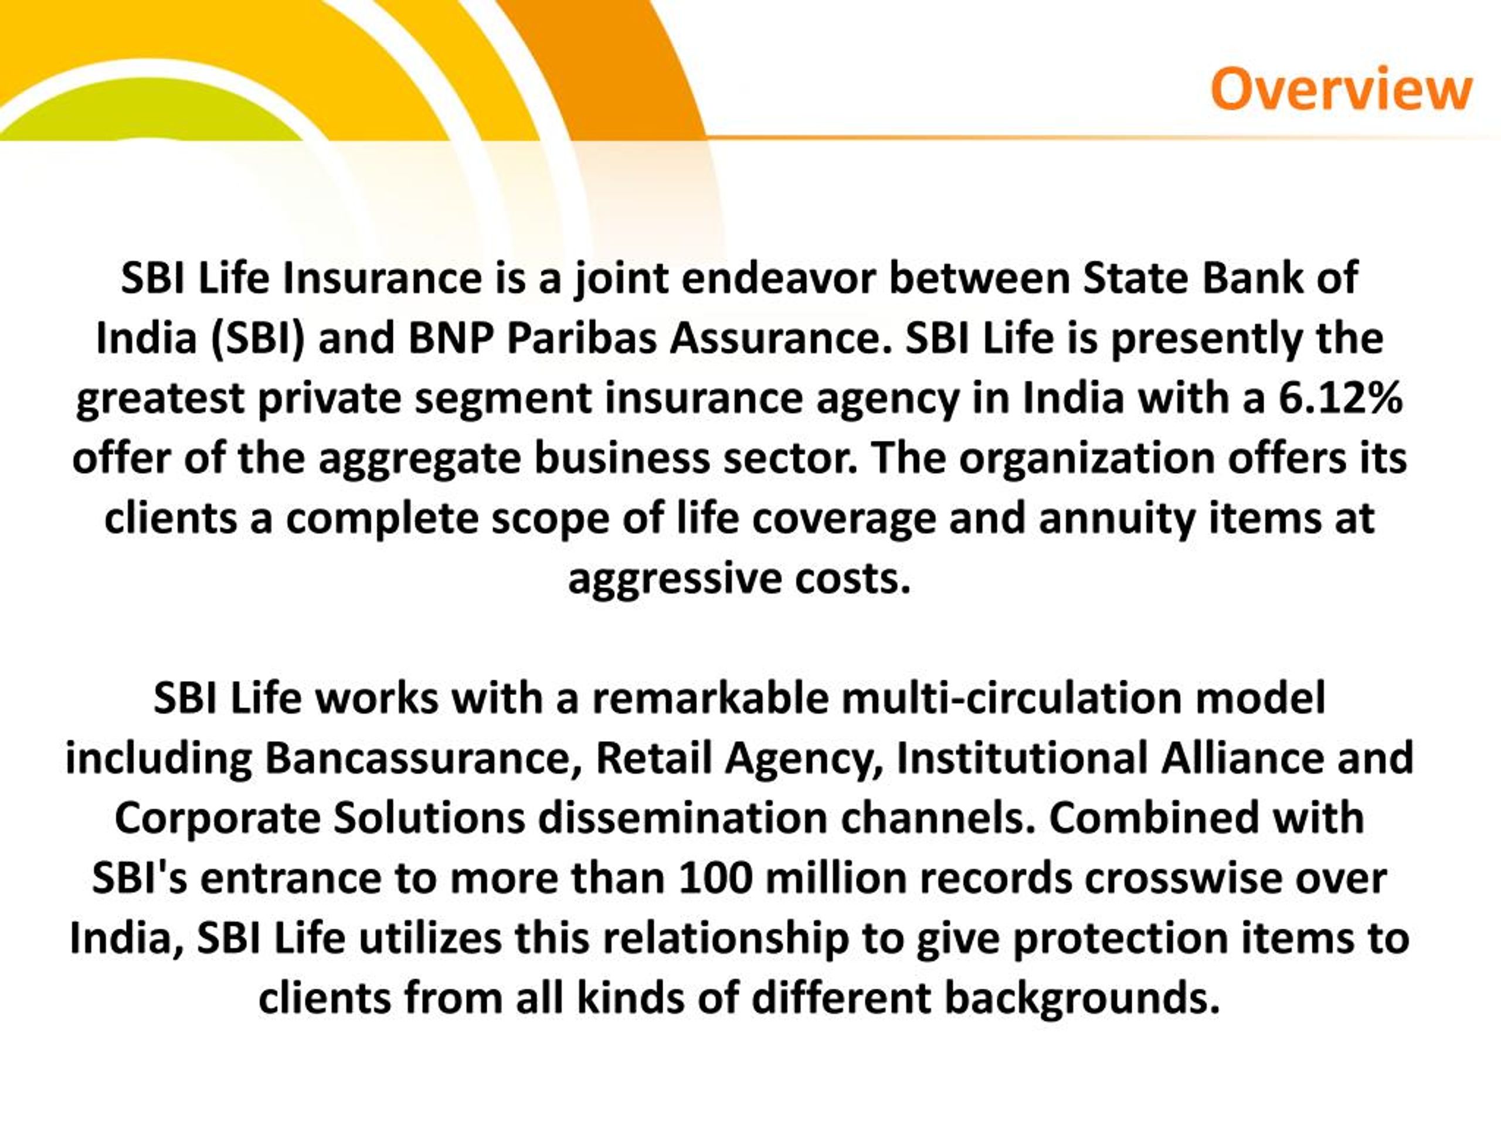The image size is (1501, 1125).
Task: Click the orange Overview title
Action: [1341, 90]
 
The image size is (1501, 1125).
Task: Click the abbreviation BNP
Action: [450, 339]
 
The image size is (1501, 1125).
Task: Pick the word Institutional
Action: [1022, 758]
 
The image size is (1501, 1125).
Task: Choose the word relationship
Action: [725, 939]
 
